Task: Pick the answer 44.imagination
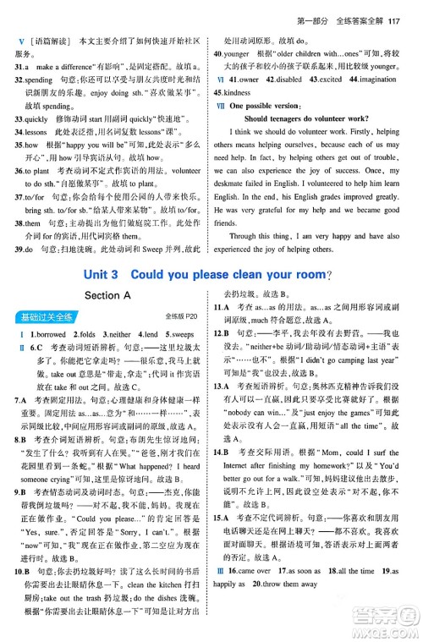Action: pos(378,77)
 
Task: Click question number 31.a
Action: pos(23,65)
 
